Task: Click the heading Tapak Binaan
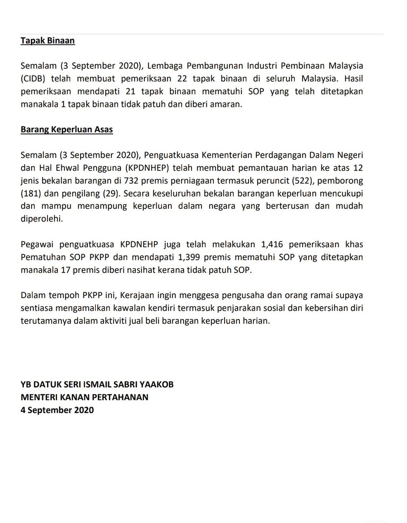coord(47,41)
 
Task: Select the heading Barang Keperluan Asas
coord(67,130)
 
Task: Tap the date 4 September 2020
coord(57,410)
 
